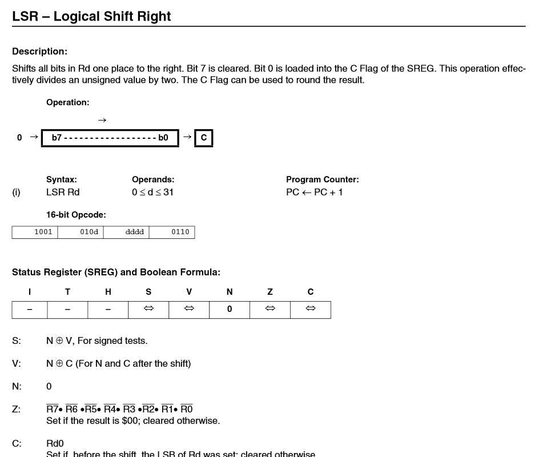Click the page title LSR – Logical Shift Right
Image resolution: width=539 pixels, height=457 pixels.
[91, 16]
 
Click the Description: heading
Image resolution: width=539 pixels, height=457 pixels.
[39, 51]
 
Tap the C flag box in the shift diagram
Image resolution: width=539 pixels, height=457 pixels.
[204, 138]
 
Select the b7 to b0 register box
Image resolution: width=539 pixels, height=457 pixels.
[110, 138]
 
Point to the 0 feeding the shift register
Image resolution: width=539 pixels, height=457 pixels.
[19, 138]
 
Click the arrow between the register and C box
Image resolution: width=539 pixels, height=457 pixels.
[187, 137]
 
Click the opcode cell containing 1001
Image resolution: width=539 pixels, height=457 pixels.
[35, 232]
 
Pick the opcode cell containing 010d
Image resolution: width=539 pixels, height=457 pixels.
[81, 232]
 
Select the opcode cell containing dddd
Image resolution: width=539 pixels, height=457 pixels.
[126, 232]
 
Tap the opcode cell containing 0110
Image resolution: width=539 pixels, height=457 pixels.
[172, 232]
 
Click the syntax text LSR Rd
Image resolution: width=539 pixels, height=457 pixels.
[63, 192]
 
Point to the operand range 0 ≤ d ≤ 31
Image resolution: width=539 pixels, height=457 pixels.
[152, 192]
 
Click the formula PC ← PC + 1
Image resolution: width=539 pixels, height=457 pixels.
[315, 192]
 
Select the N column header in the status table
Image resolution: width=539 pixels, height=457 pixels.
[230, 292]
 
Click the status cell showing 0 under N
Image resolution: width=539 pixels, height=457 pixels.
[230, 309]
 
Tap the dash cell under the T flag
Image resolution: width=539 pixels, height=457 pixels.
[67, 309]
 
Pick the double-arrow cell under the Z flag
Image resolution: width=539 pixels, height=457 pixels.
[270, 309]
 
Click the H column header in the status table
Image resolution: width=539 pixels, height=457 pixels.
[108, 292]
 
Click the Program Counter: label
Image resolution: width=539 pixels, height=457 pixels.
[322, 179]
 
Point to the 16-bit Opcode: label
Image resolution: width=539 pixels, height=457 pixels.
[76, 215]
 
